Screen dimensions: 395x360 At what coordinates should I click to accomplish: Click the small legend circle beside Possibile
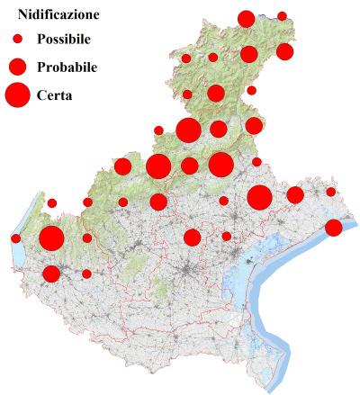[17, 40]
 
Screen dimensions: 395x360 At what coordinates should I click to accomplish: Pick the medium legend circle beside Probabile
[17, 66]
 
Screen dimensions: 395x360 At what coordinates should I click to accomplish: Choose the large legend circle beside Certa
[17, 94]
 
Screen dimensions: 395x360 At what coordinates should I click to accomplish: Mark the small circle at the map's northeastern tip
[282, 16]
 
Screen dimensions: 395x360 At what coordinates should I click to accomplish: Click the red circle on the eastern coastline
[333, 228]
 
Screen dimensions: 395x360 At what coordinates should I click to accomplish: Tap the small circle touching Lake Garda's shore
[16, 238]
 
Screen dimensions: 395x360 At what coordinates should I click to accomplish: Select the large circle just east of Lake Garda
[51, 238]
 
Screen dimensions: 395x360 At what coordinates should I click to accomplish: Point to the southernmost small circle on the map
[86, 274]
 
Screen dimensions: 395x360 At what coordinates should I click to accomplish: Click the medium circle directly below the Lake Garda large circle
[51, 274]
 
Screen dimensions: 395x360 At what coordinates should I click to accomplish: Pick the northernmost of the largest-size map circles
[188, 130]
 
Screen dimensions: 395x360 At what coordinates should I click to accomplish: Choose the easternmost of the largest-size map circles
[260, 197]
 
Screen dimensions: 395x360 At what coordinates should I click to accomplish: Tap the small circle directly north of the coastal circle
[331, 192]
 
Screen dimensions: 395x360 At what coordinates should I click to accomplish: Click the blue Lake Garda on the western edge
[20, 256]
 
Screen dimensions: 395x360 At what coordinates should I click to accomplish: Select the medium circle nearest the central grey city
[192, 238]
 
